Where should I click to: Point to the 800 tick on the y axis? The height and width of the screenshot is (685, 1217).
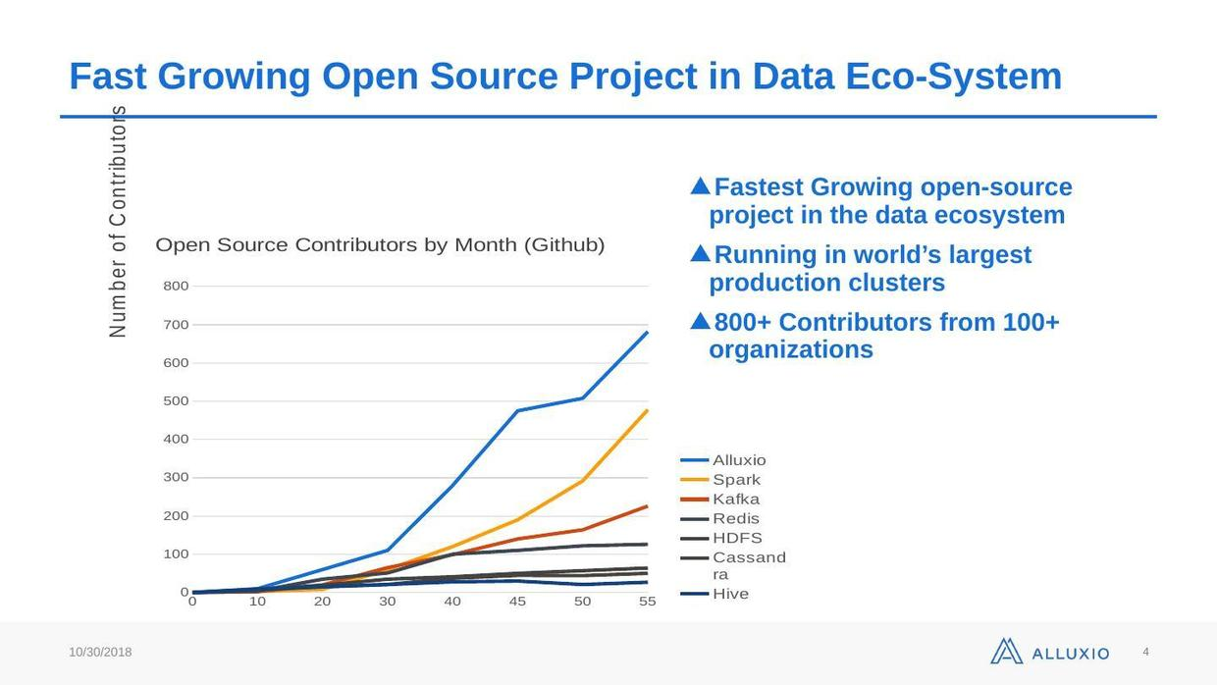176,287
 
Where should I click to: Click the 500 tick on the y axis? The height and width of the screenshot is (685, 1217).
176,401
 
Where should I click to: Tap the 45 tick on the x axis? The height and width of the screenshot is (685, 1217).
517,602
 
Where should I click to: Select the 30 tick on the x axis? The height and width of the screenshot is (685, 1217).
388,602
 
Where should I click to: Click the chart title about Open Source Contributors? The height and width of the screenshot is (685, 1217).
380,245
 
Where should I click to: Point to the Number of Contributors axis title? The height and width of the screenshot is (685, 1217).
119,222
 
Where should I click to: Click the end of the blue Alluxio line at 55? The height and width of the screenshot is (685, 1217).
648,332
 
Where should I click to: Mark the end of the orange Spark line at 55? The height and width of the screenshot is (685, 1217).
648,410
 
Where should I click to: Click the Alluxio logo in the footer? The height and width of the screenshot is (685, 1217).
1049,652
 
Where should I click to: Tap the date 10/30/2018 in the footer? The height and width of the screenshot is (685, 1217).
100,653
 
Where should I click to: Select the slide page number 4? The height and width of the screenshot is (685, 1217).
1145,652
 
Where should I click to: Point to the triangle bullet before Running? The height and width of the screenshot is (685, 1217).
700,254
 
